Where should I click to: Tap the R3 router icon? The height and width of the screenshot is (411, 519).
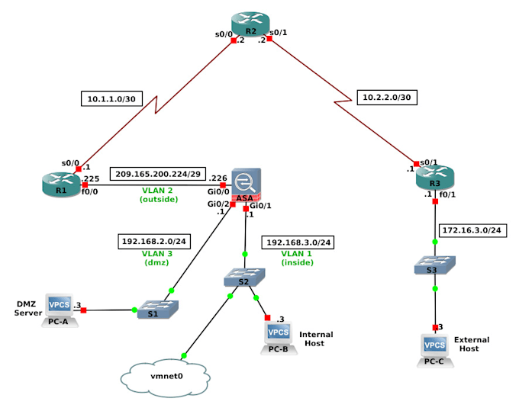point(434,178)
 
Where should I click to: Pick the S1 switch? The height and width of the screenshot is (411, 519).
point(158,309)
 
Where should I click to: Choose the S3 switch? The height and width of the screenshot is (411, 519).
point(435,265)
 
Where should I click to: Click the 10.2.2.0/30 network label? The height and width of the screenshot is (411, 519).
point(386,97)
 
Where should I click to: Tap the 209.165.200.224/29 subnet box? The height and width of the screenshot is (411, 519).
point(158,174)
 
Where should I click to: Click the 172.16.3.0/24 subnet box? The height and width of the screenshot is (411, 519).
point(474,230)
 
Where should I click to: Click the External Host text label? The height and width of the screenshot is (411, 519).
point(471,344)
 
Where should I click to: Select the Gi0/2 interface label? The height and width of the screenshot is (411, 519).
point(218,204)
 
